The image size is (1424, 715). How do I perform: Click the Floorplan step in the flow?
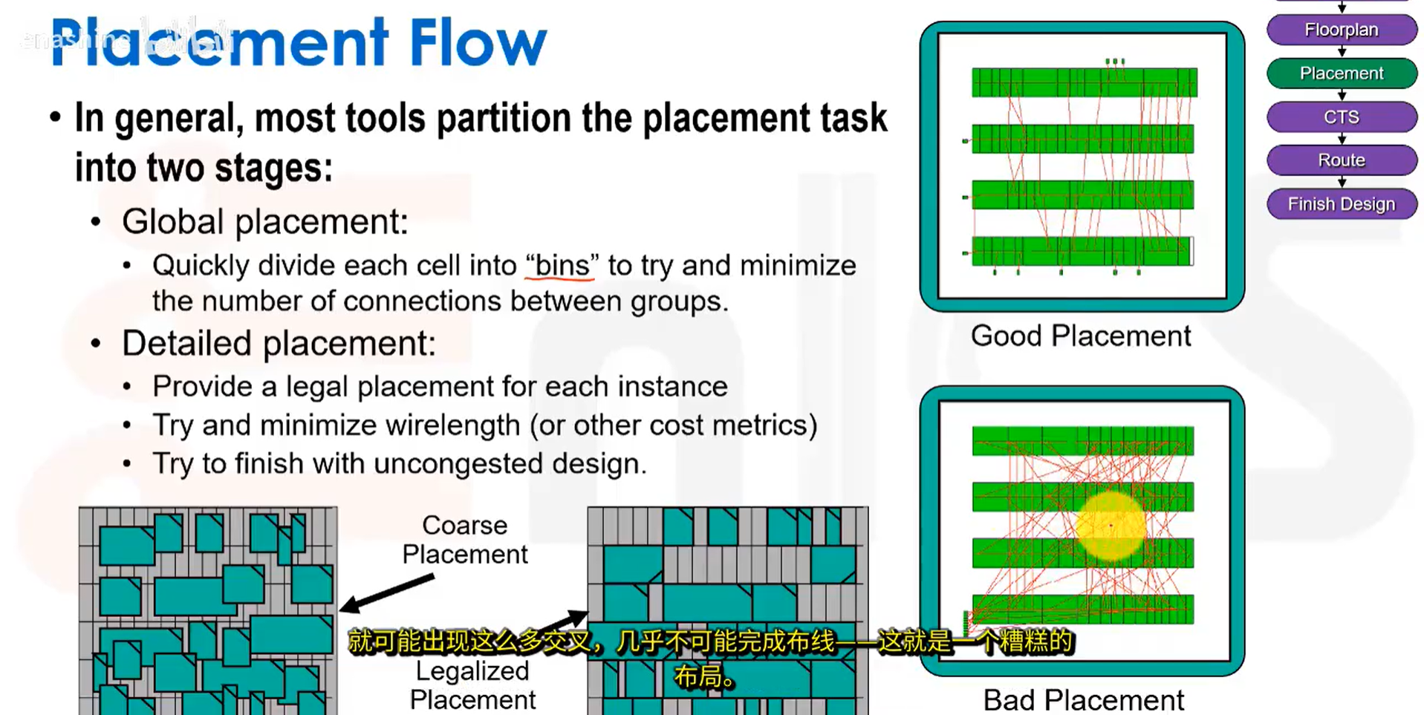pos(1341,30)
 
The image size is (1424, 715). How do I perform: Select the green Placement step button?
pos(1341,73)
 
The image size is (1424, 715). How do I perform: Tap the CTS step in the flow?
pos(1341,117)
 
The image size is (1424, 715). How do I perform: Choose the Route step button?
pos(1341,160)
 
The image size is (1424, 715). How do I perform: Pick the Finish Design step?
pos(1341,203)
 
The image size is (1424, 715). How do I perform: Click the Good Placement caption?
pos(1080,336)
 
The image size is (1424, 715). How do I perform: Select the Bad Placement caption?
pos(1083,699)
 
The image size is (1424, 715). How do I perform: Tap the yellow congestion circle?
pos(1111,526)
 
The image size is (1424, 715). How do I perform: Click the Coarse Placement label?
pos(465,540)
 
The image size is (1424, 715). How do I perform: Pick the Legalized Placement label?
pos(472,685)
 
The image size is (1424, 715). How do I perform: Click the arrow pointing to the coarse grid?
pos(386,593)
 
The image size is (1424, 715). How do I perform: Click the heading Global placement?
pos(265,222)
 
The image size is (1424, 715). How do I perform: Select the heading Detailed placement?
pos(279,344)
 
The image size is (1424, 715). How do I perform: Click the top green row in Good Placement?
pos(1083,82)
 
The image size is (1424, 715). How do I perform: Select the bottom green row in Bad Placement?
pos(1083,609)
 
